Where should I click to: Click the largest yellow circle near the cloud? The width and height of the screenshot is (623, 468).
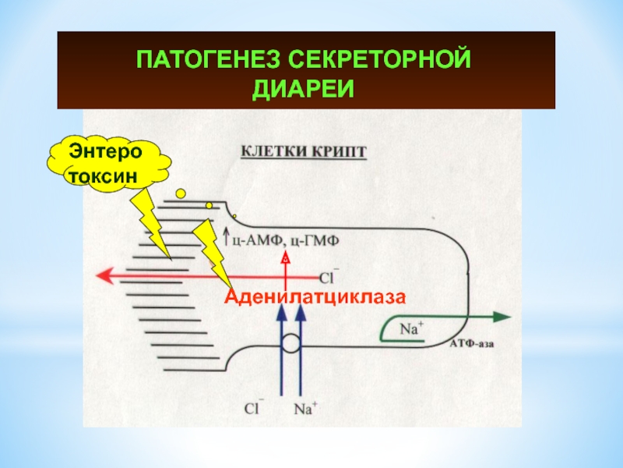coord(181,193)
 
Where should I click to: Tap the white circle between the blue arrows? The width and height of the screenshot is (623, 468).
coord(290,343)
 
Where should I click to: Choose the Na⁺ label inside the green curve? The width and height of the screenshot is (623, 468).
coord(411,329)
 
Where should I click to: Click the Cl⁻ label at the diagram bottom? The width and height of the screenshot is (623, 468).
coord(255,407)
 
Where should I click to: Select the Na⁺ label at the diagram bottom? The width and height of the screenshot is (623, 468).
coord(304,407)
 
